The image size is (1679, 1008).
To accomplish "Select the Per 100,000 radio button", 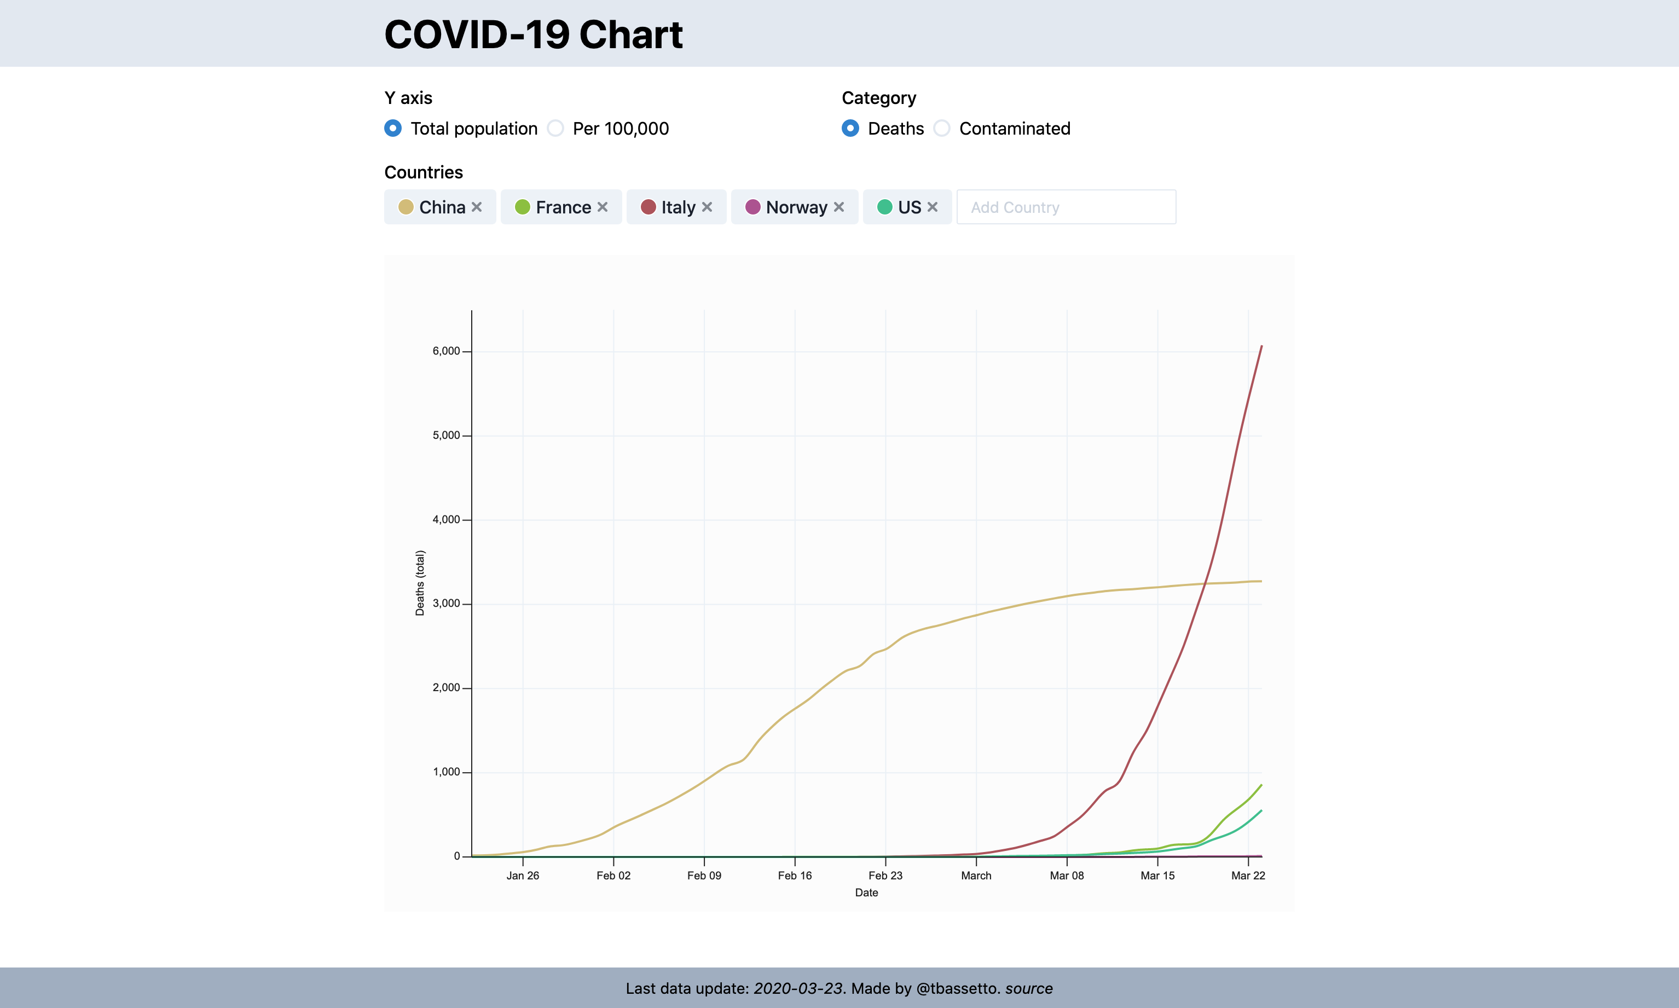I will (555, 129).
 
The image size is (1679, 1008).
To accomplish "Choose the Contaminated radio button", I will (942, 129).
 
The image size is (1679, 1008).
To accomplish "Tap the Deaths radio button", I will (850, 129).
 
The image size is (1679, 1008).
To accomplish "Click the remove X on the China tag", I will (477, 207).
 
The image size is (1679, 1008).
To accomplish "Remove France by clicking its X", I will (603, 207).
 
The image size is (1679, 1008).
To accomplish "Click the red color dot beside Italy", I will (649, 207).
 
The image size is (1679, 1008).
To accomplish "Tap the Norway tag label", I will (796, 207).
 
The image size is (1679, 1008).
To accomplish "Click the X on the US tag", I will (933, 207).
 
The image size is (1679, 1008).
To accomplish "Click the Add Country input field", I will (1066, 207).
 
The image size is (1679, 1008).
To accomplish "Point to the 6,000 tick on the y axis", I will (446, 351).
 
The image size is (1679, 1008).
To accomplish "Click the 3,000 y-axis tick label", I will (446, 604).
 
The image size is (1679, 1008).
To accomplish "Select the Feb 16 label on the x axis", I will (795, 876).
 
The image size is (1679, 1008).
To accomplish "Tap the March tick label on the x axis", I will (976, 876).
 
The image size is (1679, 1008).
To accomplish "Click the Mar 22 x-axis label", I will (1248, 876).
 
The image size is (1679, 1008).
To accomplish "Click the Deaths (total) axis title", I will (420, 583).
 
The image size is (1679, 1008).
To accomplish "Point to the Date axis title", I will (866, 893).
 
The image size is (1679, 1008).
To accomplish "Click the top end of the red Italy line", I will (1261, 347).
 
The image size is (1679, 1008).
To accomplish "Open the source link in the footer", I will (1028, 988).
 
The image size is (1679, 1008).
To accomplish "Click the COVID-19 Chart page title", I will (533, 34).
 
